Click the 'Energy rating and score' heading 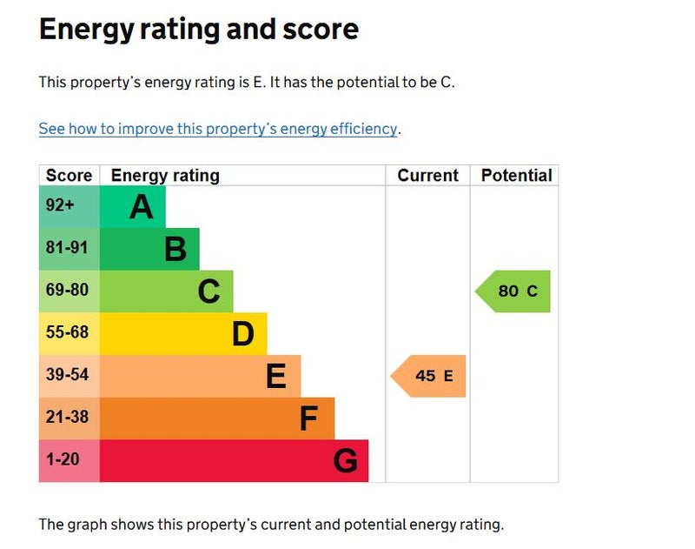(198, 30)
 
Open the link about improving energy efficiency (218, 129)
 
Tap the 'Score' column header (69, 175)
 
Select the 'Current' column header (427, 175)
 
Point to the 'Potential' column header (516, 175)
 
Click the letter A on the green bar (142, 207)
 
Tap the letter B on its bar (175, 250)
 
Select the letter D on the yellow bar (242, 334)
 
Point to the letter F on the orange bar (308, 418)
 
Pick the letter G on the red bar (345, 461)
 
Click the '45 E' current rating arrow (430, 376)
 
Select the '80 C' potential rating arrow (514, 291)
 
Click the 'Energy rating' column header (165, 175)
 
